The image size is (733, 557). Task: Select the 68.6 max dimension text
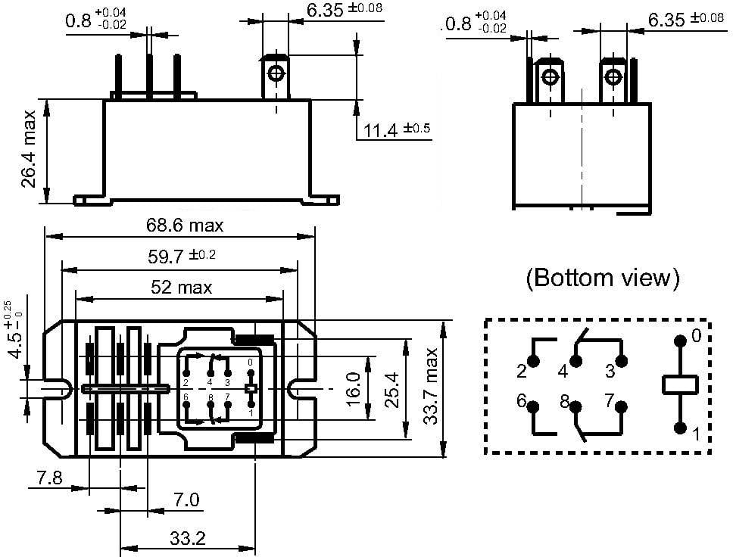coord(185,226)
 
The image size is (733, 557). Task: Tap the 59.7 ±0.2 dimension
coord(181,256)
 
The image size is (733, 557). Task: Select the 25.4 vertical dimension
coord(392,388)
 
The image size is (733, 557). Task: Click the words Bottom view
coord(603,278)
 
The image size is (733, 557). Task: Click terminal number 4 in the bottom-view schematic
coord(563,371)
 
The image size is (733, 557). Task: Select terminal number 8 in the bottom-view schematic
coord(565,402)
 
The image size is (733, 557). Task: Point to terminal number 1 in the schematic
coord(697,435)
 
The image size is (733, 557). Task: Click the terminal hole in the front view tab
coord(276,73)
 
